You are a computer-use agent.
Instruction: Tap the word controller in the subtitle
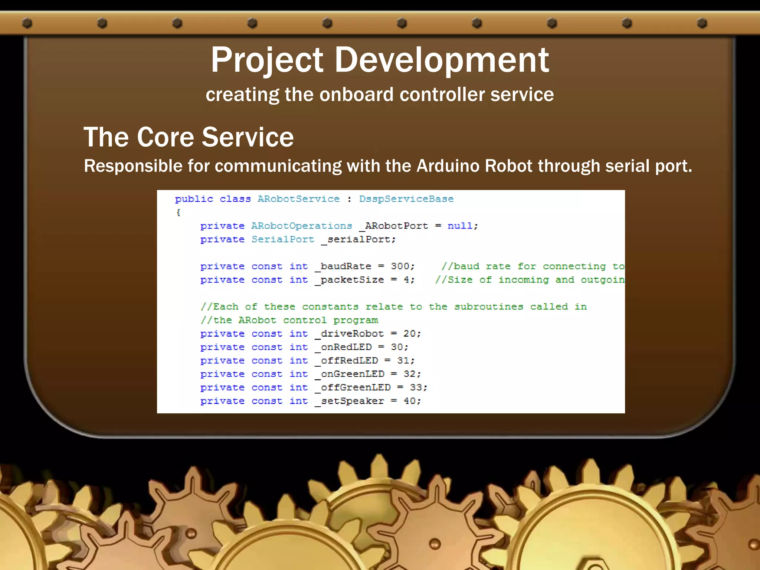(x=442, y=94)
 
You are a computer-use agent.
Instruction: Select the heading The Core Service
(x=189, y=137)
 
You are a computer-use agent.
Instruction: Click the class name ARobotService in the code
(x=298, y=199)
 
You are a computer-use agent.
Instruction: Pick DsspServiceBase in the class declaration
(x=406, y=199)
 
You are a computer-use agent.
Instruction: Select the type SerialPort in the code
(x=283, y=239)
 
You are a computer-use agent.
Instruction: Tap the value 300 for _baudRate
(x=400, y=266)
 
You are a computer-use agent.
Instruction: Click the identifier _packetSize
(x=349, y=280)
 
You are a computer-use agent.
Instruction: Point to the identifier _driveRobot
(x=349, y=334)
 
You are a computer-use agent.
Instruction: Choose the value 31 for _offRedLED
(x=403, y=361)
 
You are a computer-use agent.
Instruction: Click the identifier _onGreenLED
(x=349, y=374)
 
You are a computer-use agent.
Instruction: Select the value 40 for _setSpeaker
(x=410, y=401)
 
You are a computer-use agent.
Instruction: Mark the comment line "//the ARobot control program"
(x=289, y=320)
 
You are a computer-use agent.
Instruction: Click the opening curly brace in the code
(x=178, y=213)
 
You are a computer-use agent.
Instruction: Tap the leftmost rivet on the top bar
(x=27, y=23)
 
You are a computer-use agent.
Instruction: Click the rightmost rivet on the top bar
(x=702, y=23)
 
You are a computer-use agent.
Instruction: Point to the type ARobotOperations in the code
(x=301, y=226)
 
